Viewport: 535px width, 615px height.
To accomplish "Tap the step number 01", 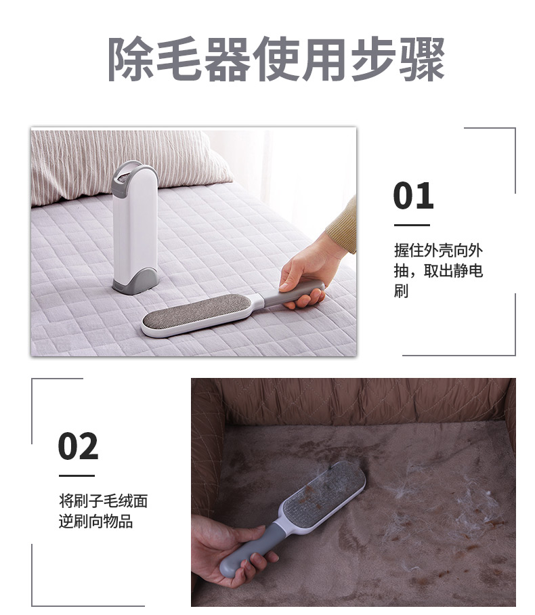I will click(413, 196).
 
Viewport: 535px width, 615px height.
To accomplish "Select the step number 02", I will click(78, 446).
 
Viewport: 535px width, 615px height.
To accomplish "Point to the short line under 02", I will click(76, 475).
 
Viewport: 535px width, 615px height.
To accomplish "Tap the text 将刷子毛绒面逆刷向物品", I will click(103, 511).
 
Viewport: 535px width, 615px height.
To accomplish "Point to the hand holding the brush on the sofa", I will click(223, 549).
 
